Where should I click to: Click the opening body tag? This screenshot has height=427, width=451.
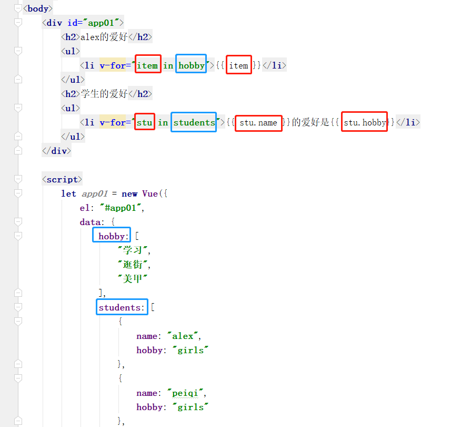click(x=38, y=8)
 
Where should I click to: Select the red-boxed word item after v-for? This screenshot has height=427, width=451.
click(x=148, y=64)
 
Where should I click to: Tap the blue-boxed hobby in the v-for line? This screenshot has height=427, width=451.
click(x=191, y=64)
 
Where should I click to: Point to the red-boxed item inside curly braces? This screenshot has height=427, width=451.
click(x=239, y=65)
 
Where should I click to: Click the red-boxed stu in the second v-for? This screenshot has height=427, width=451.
click(x=145, y=122)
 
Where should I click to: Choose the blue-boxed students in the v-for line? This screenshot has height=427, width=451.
click(x=194, y=122)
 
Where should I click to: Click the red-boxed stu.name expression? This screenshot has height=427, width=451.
click(x=258, y=123)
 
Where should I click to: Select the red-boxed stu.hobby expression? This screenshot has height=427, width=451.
click(x=364, y=122)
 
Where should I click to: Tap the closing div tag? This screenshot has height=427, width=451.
click(x=56, y=151)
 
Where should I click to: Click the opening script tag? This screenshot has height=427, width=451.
click(x=62, y=180)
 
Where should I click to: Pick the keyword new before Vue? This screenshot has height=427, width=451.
click(x=129, y=193)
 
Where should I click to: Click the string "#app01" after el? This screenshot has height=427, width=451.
click(x=121, y=208)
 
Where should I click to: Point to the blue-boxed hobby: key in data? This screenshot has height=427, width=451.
click(x=112, y=235)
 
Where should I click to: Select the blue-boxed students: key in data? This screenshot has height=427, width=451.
click(x=122, y=307)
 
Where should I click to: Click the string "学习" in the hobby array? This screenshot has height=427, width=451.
click(x=133, y=250)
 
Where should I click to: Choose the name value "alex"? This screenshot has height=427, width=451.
click(x=183, y=336)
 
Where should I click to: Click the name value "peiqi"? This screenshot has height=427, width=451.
click(x=185, y=393)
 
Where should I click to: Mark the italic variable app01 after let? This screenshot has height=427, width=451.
click(x=95, y=193)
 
